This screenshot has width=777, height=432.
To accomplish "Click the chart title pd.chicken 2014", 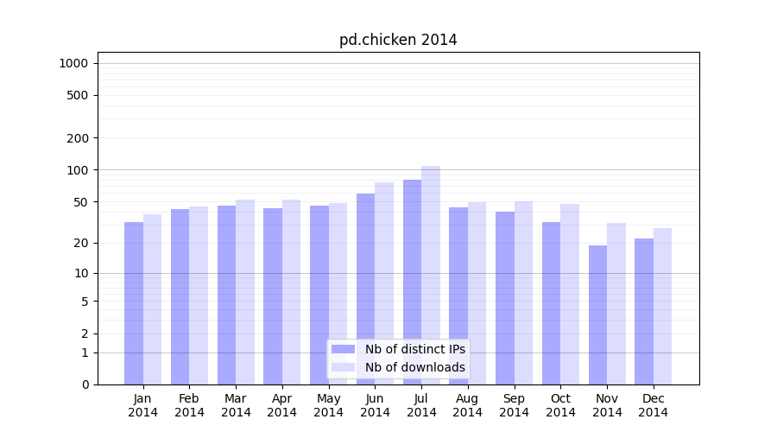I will point(398,40).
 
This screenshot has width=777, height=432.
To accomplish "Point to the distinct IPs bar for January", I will point(134,303).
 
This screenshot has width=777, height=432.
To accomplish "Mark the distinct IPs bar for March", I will point(226,295).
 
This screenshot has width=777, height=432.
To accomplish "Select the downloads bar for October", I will point(570,294).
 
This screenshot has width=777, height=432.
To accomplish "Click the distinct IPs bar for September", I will point(505,298).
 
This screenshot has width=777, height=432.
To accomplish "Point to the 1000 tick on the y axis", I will point(73,63).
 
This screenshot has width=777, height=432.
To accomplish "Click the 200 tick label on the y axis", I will point(77,138).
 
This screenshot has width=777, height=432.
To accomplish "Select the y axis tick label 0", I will point(85,384).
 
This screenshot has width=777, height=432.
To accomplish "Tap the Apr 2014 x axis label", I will point(282,405).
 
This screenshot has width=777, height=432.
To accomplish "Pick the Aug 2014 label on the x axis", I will point(468,405).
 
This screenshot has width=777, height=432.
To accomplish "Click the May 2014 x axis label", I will point(329,405).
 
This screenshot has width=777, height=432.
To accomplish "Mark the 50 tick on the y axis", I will point(80,202).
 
